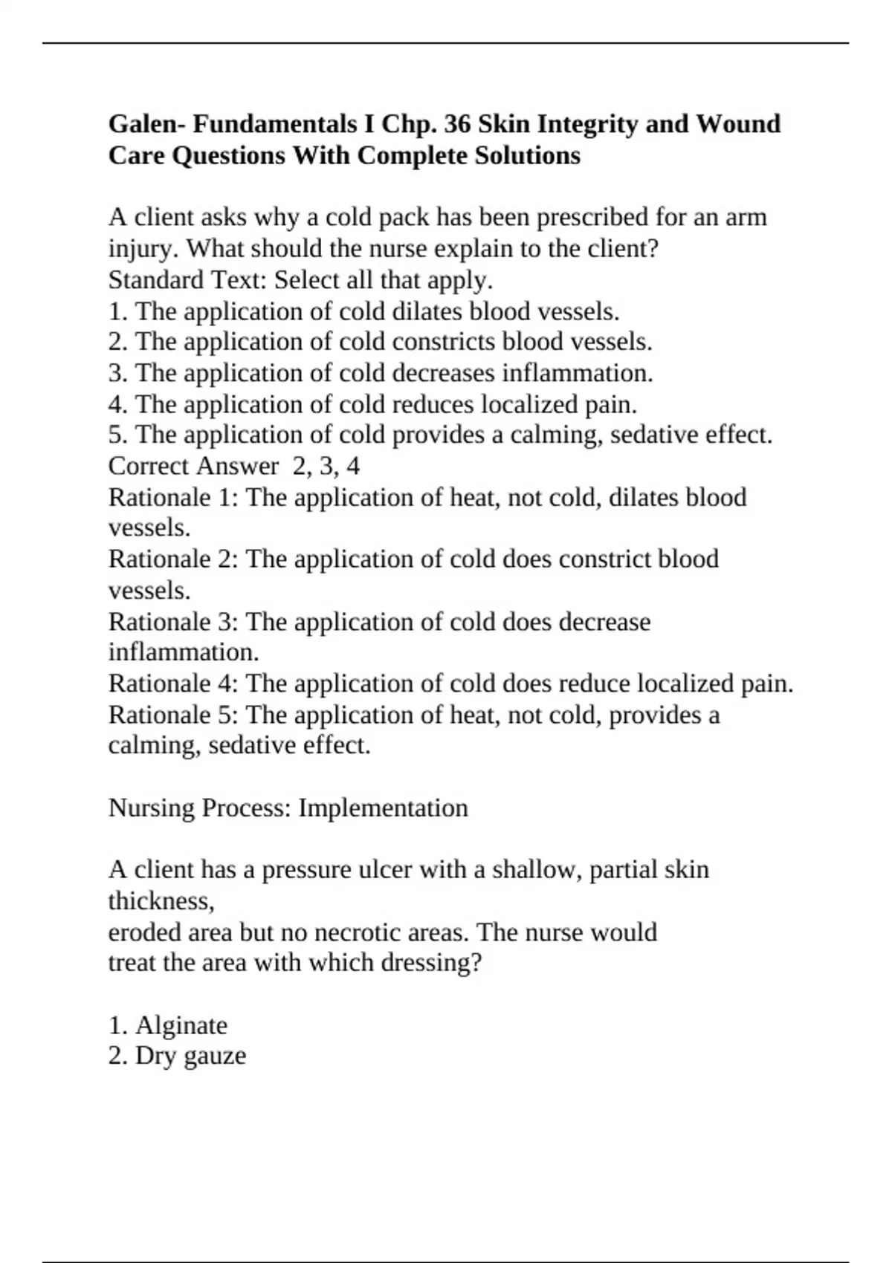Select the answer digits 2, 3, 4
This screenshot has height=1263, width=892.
point(326,466)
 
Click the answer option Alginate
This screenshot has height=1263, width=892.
point(181,1025)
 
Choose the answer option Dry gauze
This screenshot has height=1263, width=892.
point(190,1056)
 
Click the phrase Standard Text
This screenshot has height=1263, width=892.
point(187,280)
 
